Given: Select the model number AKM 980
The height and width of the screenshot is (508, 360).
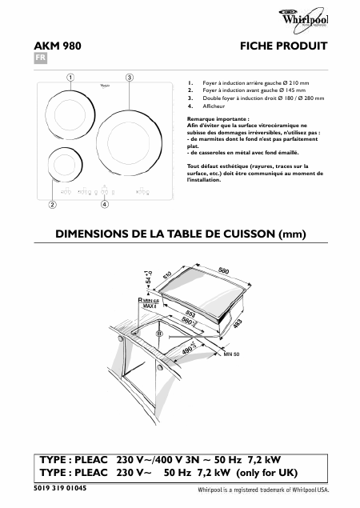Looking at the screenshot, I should point(59,46).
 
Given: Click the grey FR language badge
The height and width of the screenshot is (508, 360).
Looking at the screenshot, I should point(40,60).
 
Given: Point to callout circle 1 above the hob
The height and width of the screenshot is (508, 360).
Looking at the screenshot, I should point(70,77).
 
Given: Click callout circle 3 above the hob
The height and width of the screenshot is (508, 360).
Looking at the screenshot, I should point(129,77).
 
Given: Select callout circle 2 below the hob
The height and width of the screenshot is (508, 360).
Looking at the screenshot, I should point(52,205).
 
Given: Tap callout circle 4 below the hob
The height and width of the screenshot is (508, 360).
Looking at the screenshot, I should point(105,205).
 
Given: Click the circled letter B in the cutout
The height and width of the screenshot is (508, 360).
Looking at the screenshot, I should point(159,333).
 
